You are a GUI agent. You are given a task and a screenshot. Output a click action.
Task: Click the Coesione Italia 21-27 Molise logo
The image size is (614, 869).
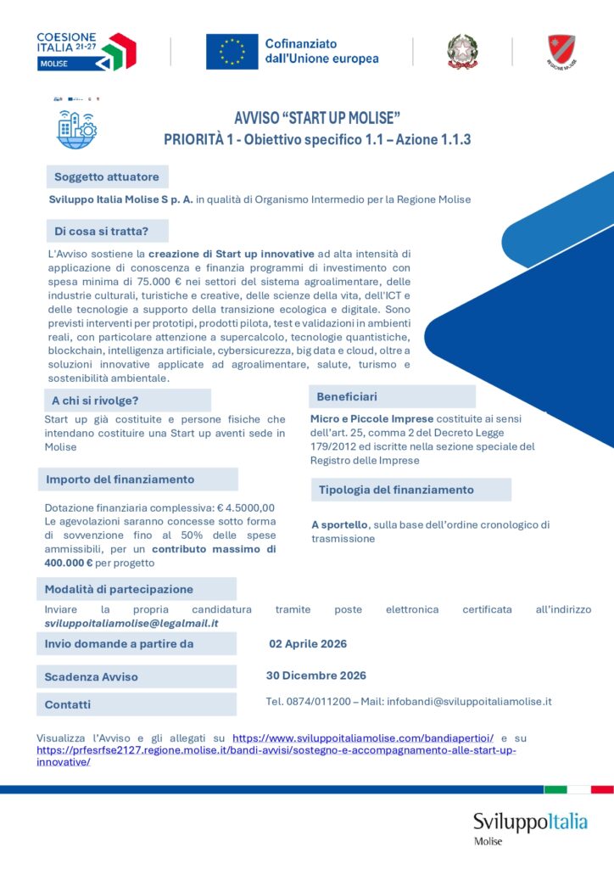click(x=87, y=51)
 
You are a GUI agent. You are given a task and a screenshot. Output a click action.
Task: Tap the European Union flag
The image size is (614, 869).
click(x=232, y=52)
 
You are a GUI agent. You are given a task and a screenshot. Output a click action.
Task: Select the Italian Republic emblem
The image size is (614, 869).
click(x=462, y=52)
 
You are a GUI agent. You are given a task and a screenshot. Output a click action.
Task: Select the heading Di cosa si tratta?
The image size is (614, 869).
click(x=102, y=231)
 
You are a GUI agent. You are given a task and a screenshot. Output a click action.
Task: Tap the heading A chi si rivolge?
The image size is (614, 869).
click(x=95, y=401)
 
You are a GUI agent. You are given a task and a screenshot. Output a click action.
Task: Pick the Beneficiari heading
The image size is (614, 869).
click(x=347, y=396)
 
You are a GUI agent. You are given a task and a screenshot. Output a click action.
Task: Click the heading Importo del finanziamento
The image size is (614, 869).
click(x=120, y=479)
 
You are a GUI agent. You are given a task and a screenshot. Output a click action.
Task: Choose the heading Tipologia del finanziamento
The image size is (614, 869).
click(x=396, y=490)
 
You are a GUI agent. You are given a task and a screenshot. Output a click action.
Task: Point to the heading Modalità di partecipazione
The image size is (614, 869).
click(x=119, y=589)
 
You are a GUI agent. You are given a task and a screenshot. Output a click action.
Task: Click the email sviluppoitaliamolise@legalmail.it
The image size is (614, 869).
click(x=131, y=623)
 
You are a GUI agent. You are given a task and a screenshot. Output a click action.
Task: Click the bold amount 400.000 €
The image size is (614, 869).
click(x=67, y=563)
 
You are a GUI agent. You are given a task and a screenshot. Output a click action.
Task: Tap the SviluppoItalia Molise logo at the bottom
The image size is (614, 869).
click(x=529, y=826)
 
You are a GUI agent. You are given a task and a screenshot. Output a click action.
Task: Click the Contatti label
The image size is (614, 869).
click(x=68, y=704)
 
